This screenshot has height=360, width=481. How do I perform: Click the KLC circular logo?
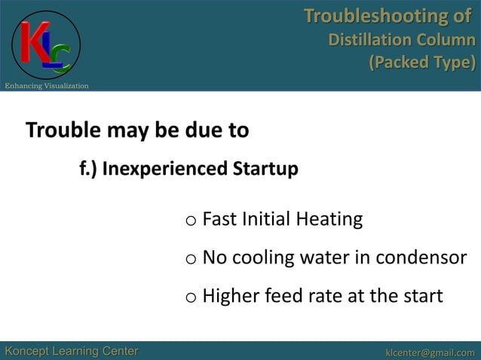pos(46,44)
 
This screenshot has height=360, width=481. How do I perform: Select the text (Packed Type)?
pos(421,63)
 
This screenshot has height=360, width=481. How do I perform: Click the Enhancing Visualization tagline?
pos(47,86)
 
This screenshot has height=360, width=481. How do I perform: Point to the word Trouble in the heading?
pos(63,131)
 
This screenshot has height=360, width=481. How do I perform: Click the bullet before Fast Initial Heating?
pos(191,221)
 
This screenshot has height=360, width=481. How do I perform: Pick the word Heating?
pos(329,220)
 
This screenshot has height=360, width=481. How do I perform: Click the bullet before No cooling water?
pos(191,260)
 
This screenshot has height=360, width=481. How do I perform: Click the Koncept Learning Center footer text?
pos(72,351)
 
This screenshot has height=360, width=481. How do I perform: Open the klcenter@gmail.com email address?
pos(430,352)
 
